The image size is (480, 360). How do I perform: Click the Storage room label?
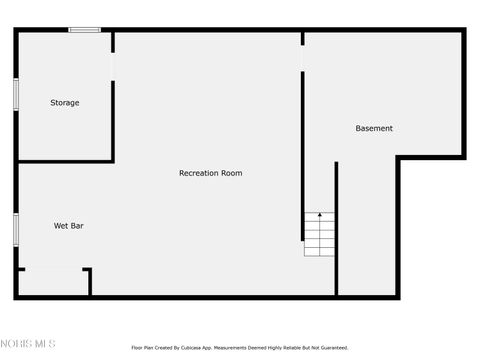[65, 103]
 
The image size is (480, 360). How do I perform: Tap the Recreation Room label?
[210, 173]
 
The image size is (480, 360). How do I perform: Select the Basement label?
[374, 128]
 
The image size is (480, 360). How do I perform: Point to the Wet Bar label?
[68, 226]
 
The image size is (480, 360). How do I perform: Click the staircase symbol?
[319, 234]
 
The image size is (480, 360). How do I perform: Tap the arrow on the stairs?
[319, 216]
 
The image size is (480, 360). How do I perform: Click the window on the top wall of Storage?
[84, 30]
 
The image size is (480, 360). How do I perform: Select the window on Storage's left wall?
[16, 92]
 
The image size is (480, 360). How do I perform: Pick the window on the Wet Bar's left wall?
[16, 228]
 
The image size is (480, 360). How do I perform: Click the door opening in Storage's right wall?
[113, 66]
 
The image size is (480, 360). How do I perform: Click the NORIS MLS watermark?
[27, 346]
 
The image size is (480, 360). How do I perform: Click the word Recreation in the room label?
[198, 173]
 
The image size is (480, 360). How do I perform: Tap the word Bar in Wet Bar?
[77, 226]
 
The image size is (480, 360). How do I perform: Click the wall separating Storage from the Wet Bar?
[65, 161]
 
